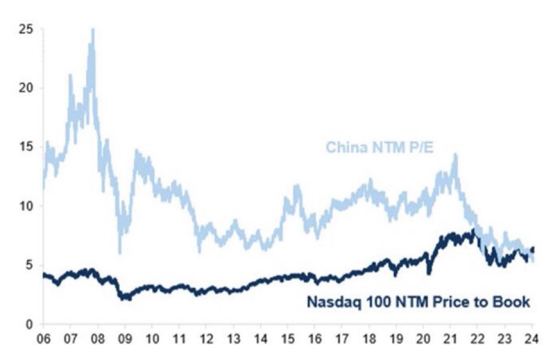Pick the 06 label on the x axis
pos(43,339)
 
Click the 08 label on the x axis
pos(97,339)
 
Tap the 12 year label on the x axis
pos(206,339)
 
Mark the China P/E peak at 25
pos(92,30)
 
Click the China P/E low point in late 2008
pos(119,253)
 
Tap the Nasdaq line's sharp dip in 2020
pos(429,273)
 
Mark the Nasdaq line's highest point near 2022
pos(474,230)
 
